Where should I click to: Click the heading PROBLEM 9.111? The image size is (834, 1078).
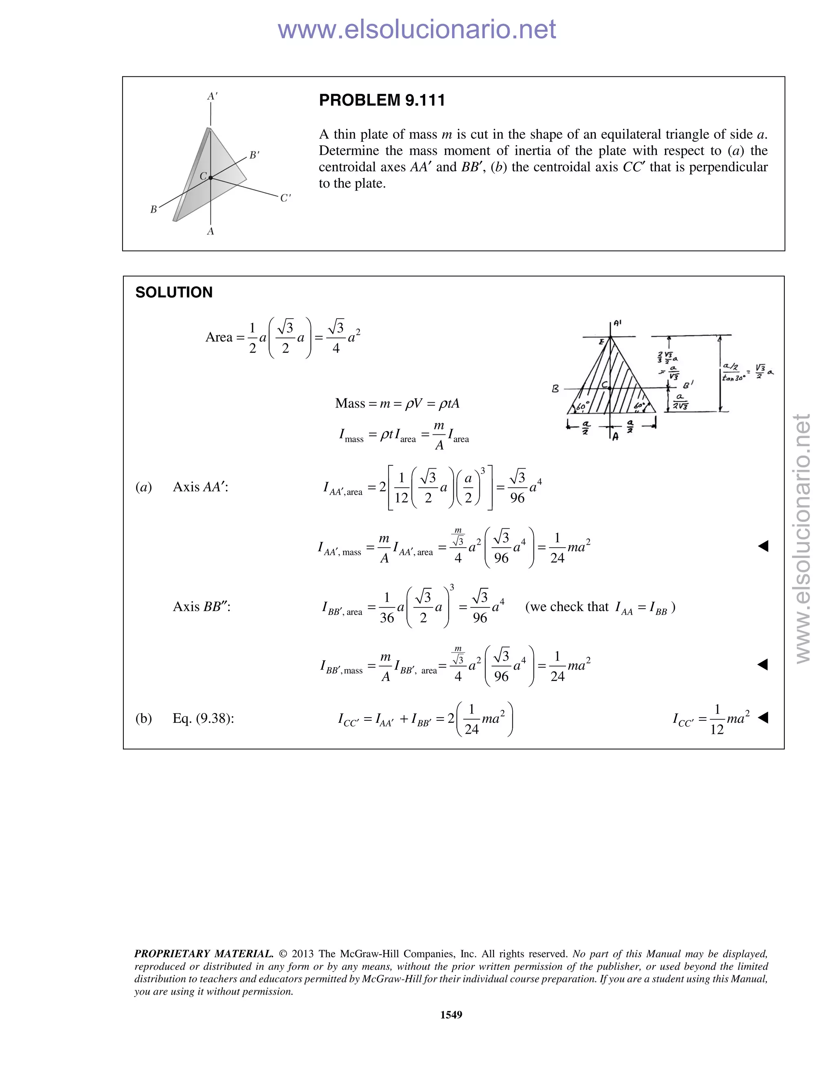382,100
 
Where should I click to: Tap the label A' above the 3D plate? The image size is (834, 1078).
212,96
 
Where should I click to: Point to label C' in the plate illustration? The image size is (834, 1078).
285,199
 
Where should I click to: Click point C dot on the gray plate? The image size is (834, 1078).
211,178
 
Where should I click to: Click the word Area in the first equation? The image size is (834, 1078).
218,337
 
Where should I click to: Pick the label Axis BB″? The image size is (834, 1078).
202,607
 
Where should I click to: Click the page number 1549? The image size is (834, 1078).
451,1015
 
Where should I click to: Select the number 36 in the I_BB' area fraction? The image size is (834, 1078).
387,618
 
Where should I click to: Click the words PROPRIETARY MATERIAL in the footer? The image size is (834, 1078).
204,954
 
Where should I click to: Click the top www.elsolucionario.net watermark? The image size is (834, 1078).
417,29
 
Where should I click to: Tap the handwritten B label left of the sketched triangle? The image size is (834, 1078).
555,389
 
